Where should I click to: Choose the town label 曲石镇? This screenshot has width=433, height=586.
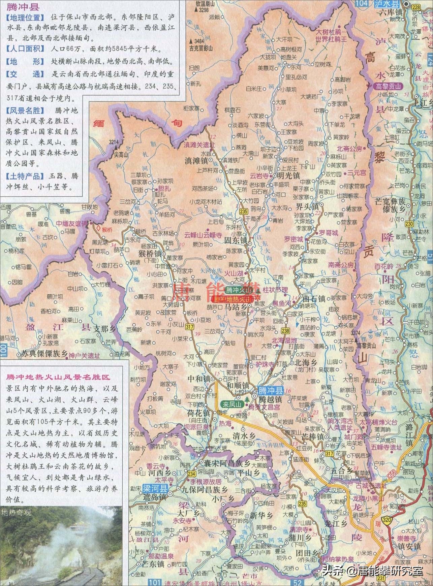pyautogui.click(x=314, y=298)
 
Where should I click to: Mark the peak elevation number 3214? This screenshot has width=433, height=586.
pyautogui.click(x=114, y=142)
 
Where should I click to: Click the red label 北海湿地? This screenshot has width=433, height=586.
pyautogui.click(x=284, y=340)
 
